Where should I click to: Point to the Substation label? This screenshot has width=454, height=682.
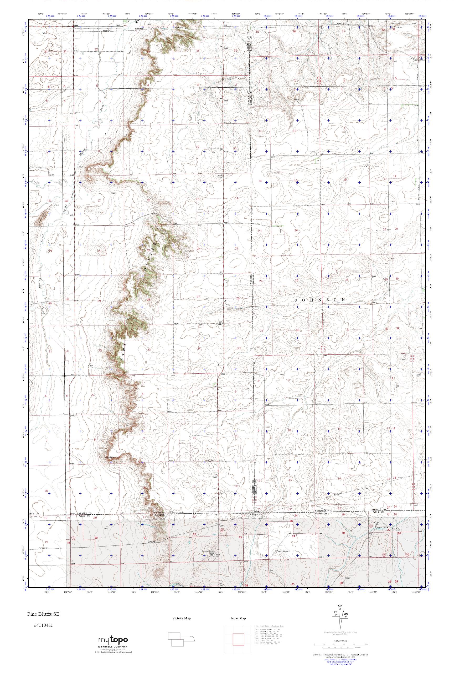[x=140, y=29]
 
